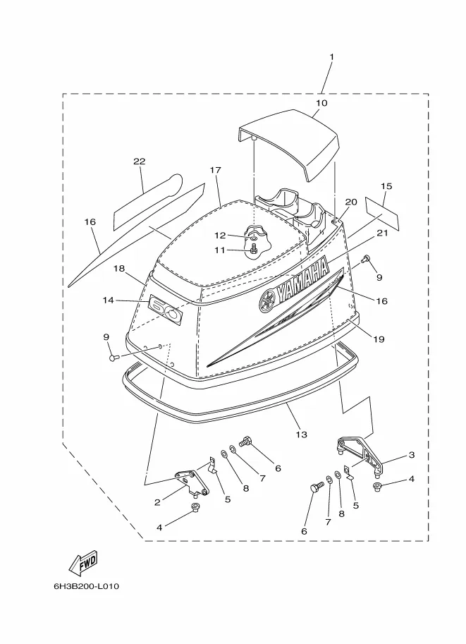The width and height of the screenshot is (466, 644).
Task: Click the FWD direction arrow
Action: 82,562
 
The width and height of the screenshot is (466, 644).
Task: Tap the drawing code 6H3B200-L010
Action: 87,586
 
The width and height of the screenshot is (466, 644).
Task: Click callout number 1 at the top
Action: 332,56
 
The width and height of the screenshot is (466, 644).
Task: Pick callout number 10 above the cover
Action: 321,103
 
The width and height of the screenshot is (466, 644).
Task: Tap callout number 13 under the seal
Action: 301,435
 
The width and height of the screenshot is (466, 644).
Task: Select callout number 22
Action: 140,162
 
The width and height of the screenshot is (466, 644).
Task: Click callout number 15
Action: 386,186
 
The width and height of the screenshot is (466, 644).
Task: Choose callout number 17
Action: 216,170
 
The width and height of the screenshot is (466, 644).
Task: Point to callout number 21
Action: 382,233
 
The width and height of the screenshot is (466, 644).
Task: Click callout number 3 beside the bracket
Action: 412,455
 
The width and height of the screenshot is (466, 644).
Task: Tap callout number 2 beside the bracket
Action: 157,502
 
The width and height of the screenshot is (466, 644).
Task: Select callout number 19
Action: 379,339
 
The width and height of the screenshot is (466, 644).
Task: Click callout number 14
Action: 109,300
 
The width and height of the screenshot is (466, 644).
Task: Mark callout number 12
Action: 221,236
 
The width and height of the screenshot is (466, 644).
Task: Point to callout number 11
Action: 220,250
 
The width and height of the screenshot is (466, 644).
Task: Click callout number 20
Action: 351,202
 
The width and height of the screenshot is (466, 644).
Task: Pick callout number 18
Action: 119,269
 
